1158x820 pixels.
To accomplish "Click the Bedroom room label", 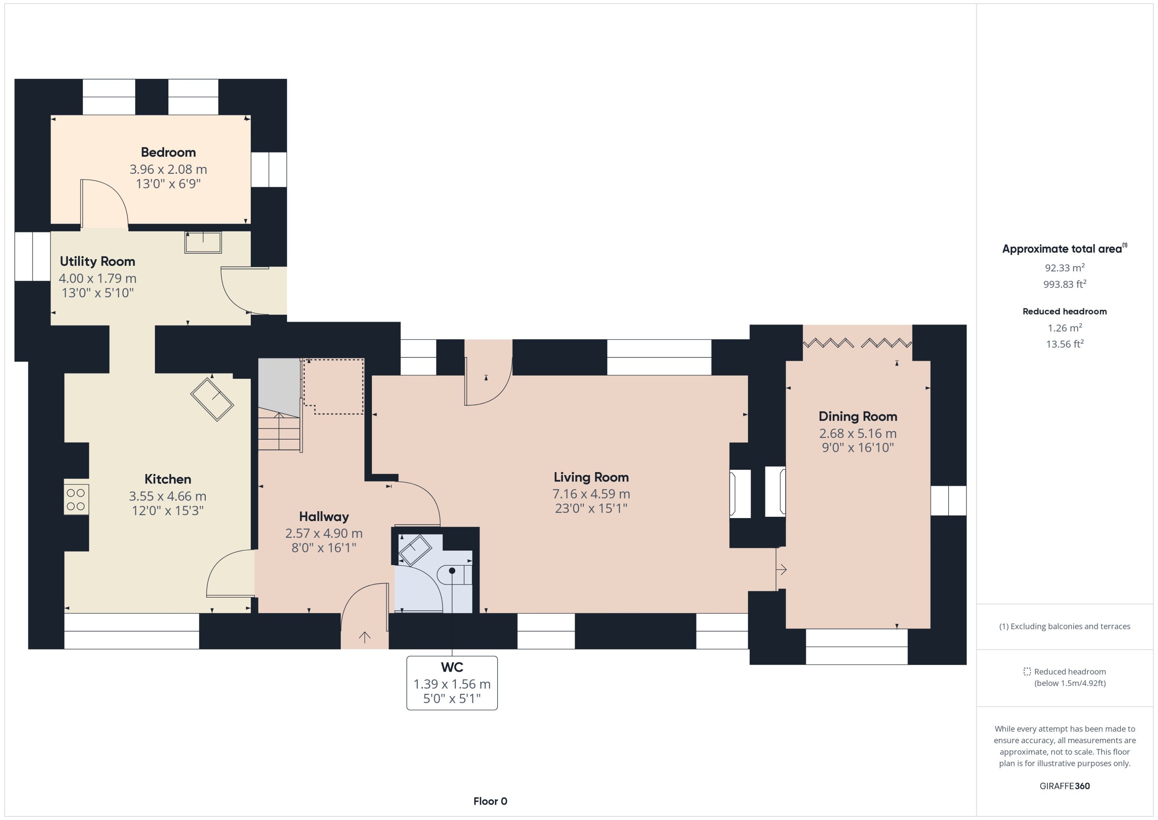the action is [168, 152].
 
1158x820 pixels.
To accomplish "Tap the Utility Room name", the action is [97, 262].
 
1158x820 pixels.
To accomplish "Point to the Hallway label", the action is [324, 516].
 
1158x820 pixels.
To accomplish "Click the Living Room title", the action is [591, 477].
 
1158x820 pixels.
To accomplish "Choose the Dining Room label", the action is [858, 416].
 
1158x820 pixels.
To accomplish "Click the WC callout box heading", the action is [452, 667].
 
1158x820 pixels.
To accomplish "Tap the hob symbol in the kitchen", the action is [76, 499].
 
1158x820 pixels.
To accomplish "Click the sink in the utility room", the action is [203, 242].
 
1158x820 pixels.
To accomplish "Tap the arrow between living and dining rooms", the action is [781, 569].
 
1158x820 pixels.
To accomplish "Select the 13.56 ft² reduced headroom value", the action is [1065, 344].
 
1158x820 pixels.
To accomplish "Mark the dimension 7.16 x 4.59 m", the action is [591, 494].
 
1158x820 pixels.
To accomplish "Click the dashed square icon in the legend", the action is [1027, 672].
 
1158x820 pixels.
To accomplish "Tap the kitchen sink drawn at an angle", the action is [212, 399].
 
